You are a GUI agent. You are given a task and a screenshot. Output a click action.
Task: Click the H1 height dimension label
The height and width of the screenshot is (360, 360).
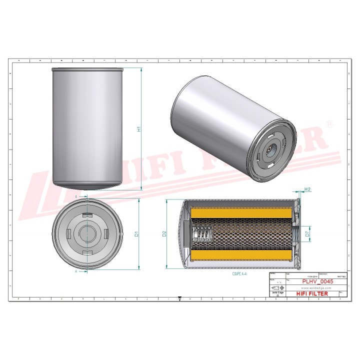[139, 128]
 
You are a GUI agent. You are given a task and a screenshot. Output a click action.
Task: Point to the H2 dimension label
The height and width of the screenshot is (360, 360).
[308, 189]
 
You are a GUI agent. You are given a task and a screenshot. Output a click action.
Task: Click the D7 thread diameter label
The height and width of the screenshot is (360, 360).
[307, 233]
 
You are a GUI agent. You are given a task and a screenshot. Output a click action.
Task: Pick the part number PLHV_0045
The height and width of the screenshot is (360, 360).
[317, 281]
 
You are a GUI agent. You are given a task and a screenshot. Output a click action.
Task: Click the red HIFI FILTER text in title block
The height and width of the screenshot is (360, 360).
[312, 293]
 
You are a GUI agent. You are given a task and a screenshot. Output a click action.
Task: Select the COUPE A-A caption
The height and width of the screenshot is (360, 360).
[239, 274]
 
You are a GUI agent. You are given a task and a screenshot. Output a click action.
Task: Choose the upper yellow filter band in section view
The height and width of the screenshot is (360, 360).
[240, 213]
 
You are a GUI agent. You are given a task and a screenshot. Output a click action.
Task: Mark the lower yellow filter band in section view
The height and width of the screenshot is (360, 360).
[240, 255]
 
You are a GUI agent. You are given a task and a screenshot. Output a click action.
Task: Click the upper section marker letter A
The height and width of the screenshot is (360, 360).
[76, 197]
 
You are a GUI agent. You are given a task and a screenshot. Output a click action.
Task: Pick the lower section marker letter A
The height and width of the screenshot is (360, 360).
[76, 271]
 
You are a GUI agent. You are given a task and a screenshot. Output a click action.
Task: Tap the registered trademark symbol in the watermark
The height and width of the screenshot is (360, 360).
[328, 123]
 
